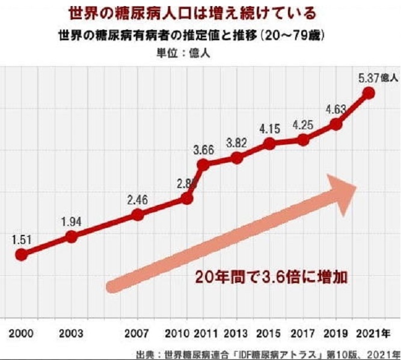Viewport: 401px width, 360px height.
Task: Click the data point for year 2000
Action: tap(21, 254)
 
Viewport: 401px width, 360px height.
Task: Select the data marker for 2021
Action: tap(370, 93)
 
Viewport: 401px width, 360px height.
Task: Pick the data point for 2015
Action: tap(270, 144)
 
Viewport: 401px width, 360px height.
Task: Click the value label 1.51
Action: tap(22, 239)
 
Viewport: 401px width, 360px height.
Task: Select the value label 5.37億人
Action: tap(378, 78)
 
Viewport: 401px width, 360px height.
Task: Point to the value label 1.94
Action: tap(72, 221)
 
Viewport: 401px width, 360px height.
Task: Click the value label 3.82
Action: tap(236, 143)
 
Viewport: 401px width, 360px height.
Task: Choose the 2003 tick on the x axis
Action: tap(72, 333)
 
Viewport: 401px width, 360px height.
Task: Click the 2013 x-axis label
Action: tap(237, 333)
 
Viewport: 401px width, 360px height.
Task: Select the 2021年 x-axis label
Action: tap(374, 333)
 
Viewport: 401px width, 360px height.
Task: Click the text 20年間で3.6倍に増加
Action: tap(272, 278)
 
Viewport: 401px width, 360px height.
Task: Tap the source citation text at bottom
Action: tap(265, 353)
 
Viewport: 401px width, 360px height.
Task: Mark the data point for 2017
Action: tap(303, 139)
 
